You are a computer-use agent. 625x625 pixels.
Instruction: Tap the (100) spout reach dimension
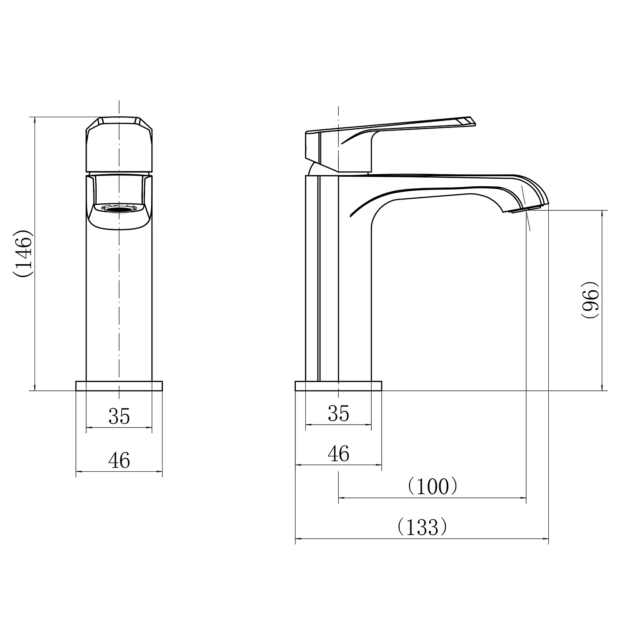tap(433, 486)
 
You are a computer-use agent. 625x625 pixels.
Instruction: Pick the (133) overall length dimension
tap(422, 527)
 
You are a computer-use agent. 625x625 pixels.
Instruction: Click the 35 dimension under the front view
tap(119, 416)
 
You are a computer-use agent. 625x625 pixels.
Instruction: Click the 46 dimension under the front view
tap(119, 460)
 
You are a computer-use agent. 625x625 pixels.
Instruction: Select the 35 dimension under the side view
tap(338, 414)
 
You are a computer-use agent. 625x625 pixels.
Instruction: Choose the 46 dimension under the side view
tap(338, 453)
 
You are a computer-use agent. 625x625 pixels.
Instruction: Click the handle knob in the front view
tap(119, 144)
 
